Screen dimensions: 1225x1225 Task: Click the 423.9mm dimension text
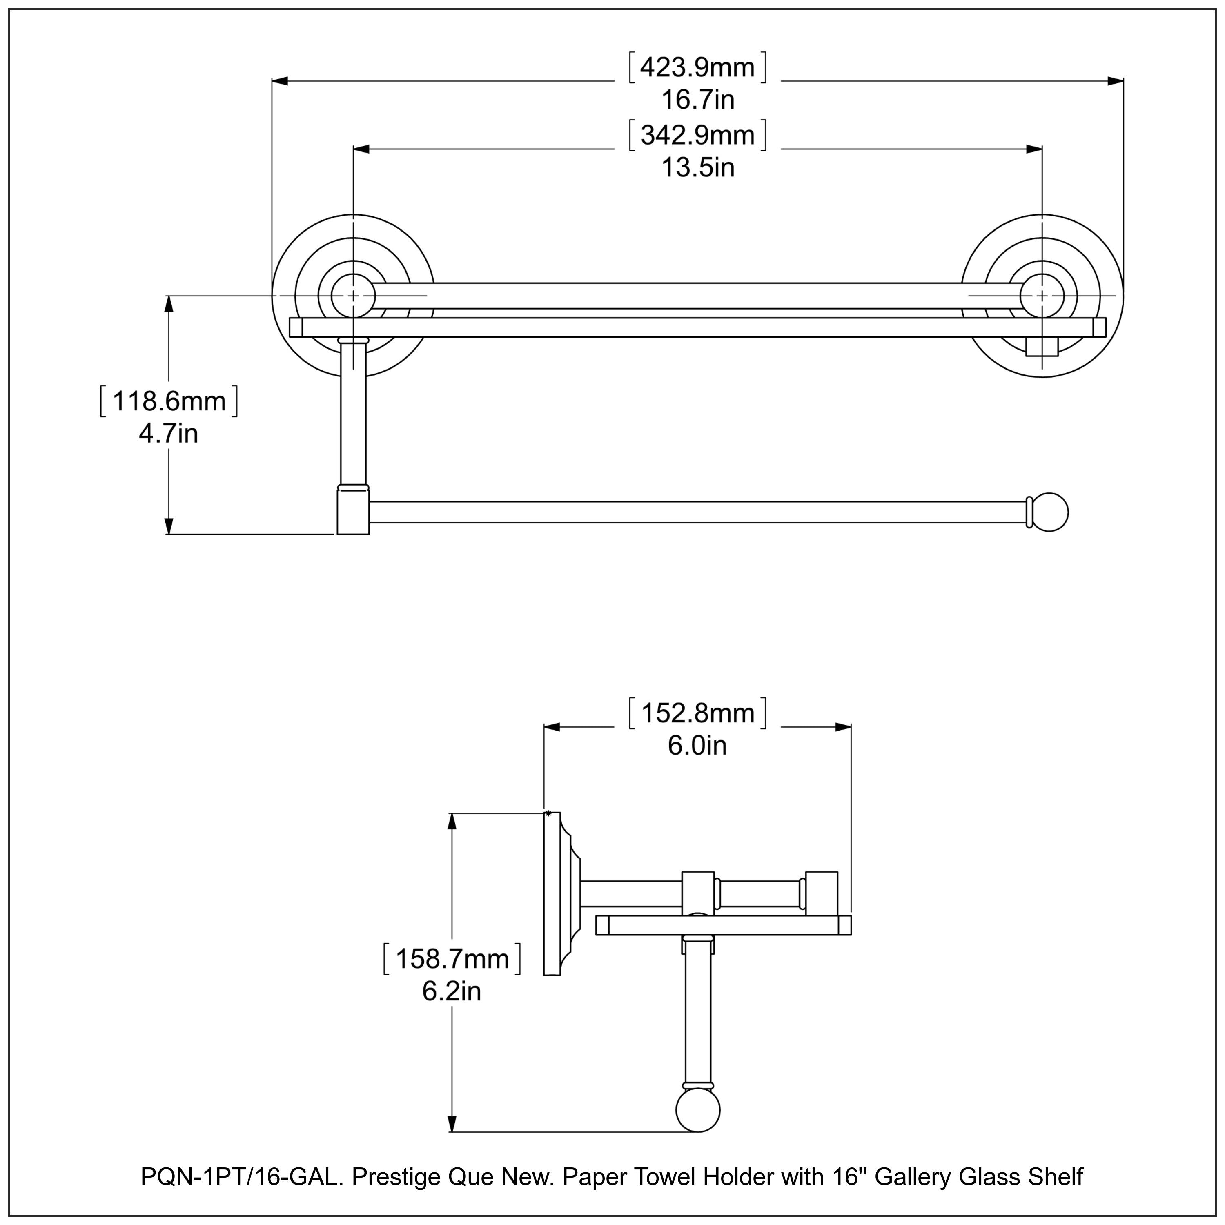tap(697, 67)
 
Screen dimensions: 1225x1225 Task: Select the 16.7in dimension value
tap(697, 100)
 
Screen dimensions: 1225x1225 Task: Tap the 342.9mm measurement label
tap(697, 136)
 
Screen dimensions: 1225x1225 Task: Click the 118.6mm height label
tap(169, 401)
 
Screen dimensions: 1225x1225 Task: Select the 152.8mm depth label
tap(697, 713)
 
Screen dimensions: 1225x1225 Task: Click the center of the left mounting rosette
tap(353, 296)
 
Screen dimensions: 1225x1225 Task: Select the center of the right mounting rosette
tap(1042, 296)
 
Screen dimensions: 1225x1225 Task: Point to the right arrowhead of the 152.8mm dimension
tap(843, 727)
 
